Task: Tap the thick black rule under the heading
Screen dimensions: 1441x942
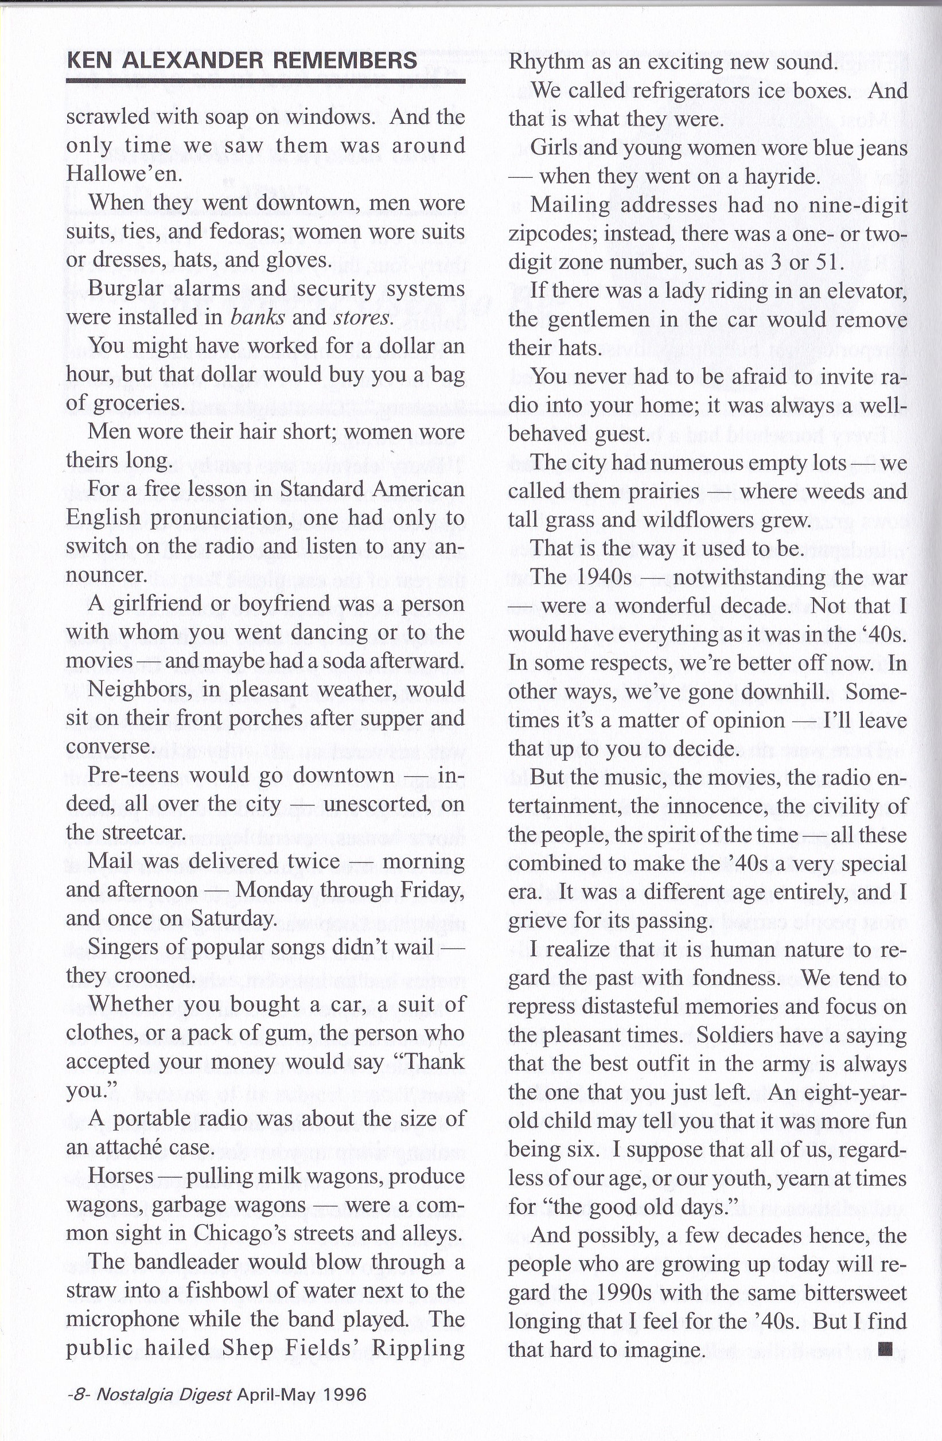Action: (x=265, y=80)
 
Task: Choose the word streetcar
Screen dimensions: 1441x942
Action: (x=141, y=833)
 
